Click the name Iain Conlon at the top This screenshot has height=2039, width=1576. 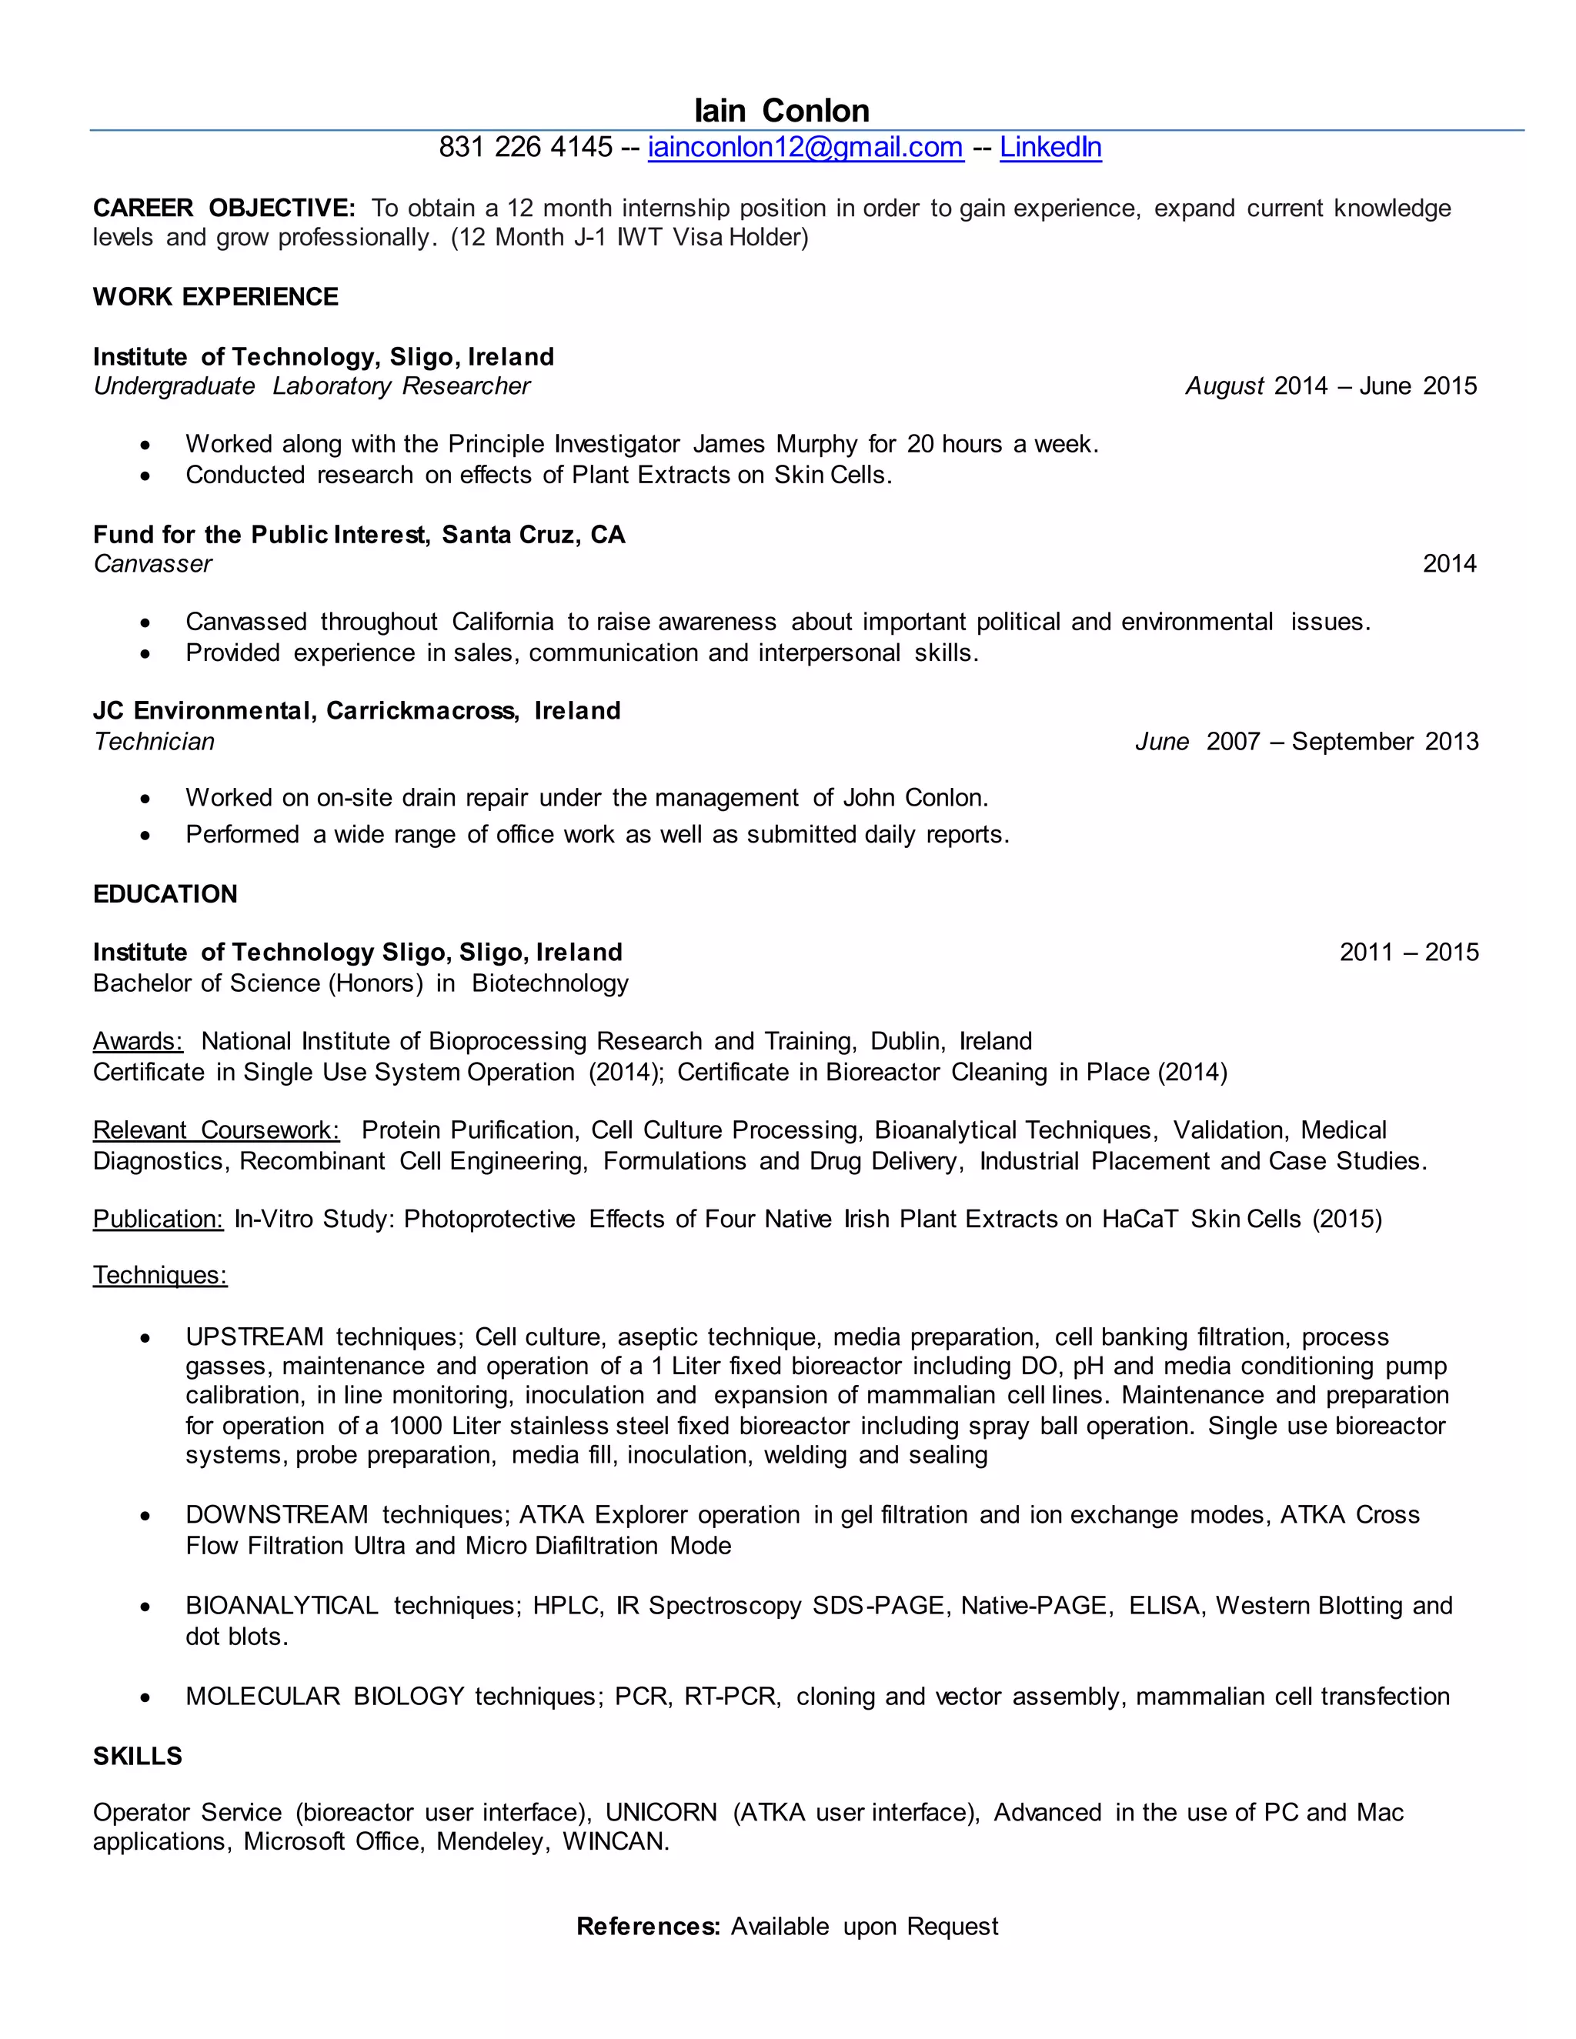point(782,111)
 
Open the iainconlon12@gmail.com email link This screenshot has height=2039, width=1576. point(805,148)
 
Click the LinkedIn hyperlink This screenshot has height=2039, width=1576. point(1050,148)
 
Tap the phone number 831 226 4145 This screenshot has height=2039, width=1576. point(526,148)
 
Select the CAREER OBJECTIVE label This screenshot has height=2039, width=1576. point(224,209)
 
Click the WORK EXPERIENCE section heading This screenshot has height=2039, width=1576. point(215,297)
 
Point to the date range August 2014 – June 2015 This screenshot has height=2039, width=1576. point(1331,386)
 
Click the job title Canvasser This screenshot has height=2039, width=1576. point(153,564)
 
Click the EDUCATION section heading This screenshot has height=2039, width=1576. point(165,894)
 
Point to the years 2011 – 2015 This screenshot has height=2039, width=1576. point(1409,953)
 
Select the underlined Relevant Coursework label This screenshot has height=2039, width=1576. point(216,1130)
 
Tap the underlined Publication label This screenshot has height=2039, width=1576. point(158,1220)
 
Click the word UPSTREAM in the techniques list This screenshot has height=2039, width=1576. point(254,1337)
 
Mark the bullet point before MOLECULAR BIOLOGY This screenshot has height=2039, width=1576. point(145,1697)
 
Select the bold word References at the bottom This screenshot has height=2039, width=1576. point(648,1926)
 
